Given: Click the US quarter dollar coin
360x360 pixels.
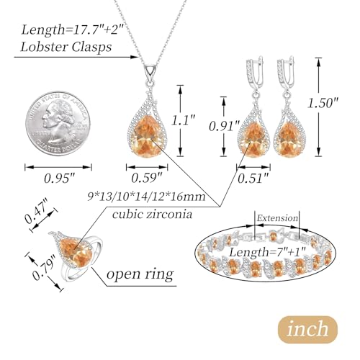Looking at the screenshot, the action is [58, 123].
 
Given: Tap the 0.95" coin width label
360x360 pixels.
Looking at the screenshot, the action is [60, 179].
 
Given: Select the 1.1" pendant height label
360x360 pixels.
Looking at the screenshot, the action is [183, 120].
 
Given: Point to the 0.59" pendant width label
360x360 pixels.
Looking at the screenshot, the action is [147, 179].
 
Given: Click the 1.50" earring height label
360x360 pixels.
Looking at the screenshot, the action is [323, 103].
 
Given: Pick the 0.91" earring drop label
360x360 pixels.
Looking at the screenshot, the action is [225, 126].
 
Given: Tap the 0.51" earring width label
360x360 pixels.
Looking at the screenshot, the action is [253, 179].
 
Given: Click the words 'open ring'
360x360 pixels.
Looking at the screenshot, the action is [140, 274].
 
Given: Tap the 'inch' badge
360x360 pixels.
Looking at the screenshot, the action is [307, 330].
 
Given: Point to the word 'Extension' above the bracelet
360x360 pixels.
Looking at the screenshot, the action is [277, 218].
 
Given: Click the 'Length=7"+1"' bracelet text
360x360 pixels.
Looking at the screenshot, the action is [267, 252].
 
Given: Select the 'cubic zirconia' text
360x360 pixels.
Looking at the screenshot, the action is [153, 215].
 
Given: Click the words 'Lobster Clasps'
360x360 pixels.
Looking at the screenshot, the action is [66, 47].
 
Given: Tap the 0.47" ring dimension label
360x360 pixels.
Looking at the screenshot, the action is [37, 211].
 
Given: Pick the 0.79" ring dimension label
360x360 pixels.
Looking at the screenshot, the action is [45, 268].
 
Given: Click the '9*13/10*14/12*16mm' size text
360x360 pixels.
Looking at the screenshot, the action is [147, 197].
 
